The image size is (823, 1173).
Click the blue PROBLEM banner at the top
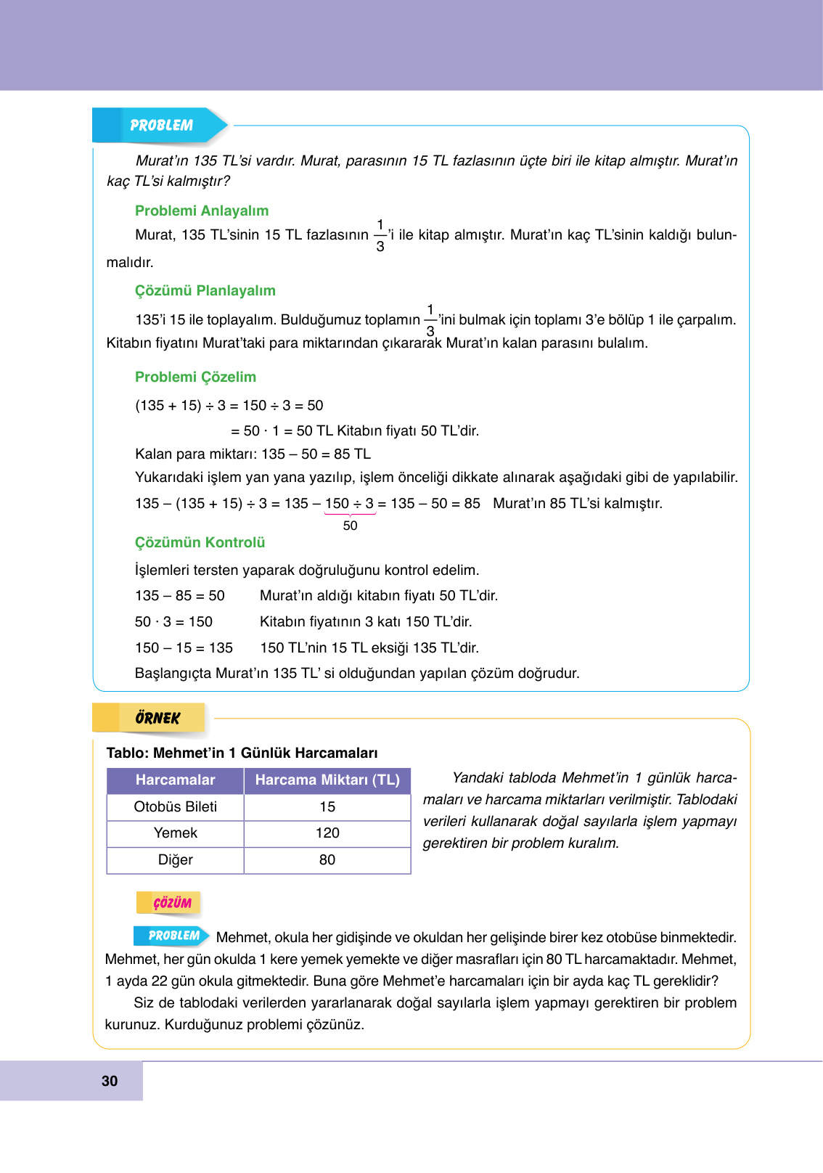pos(161,126)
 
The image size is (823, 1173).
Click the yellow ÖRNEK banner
pos(157,718)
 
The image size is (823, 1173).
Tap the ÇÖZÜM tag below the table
pos(172,903)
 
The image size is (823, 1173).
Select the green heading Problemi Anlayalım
pos(202,211)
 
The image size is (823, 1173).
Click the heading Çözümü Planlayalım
pos(205,290)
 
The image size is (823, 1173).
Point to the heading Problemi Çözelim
pos(195,377)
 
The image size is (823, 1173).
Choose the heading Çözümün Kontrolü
pos(200,542)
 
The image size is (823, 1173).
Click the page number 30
pos(110,1081)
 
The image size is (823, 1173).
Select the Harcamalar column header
pos(175,780)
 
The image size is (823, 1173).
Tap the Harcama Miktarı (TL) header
pos(327,780)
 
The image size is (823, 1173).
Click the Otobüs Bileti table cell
pos(175,806)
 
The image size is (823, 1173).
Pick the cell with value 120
pos(327,833)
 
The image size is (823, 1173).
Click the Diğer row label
pos(175,859)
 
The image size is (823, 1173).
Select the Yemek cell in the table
pos(175,833)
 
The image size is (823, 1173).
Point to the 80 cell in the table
pos(327,859)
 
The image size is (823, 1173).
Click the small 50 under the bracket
pos(350,526)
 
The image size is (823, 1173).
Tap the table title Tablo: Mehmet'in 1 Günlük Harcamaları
pos(242,753)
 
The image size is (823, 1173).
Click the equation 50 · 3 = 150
pos(173,621)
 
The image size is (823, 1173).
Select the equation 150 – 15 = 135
pos(184,647)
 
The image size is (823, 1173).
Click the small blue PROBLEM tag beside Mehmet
pos(173,936)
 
